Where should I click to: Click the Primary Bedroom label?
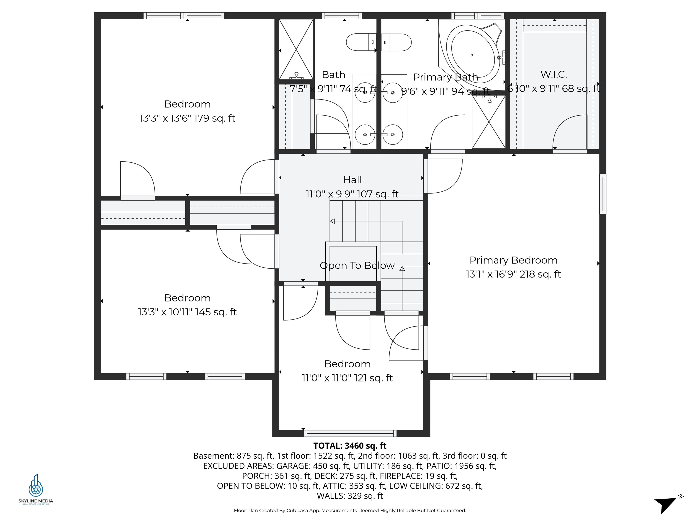[513, 260]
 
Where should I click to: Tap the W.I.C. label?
[553, 74]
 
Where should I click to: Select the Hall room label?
[352, 180]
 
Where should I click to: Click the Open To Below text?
[357, 265]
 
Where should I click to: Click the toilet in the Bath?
[361, 42]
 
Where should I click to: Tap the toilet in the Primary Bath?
[396, 42]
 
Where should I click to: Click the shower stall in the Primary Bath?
[489, 122]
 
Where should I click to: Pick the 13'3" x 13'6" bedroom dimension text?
[187, 118]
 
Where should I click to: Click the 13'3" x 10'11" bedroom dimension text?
[187, 312]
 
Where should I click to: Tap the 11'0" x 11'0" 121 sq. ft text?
[347, 378]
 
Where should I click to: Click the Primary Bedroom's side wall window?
[603, 194]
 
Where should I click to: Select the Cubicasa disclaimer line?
[350, 510]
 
